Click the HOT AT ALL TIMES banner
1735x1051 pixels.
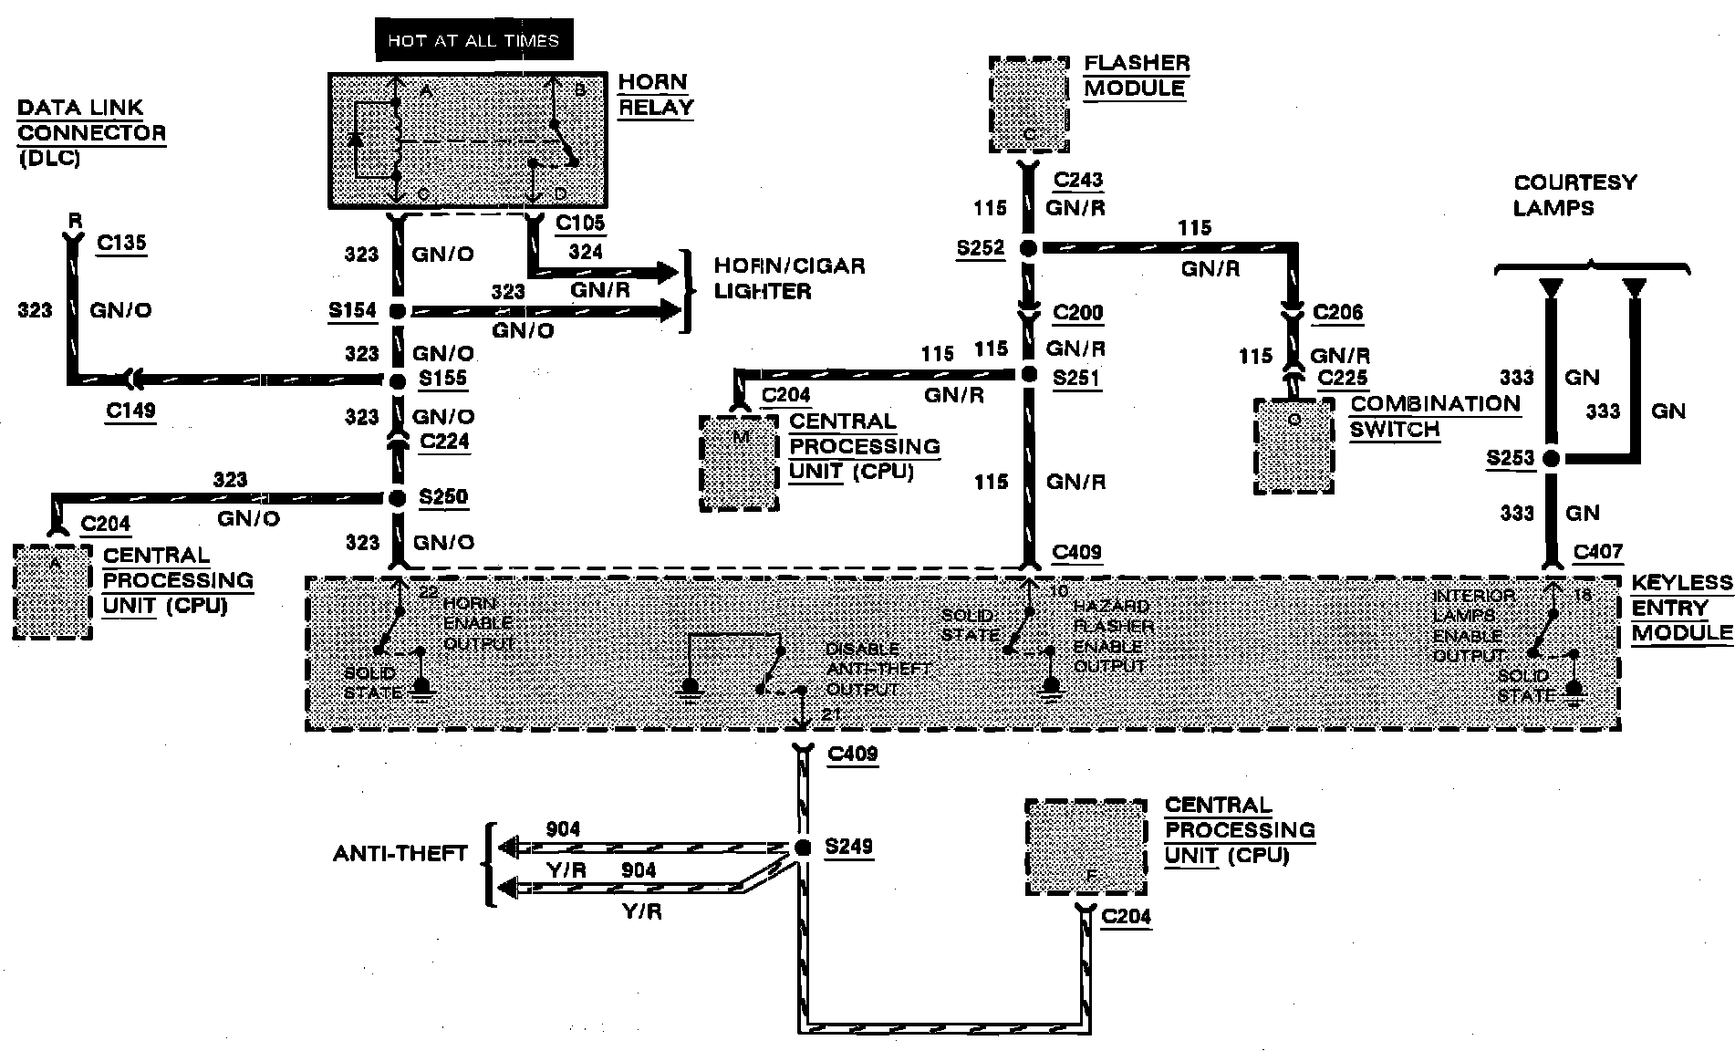(473, 40)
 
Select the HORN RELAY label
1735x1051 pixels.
(655, 94)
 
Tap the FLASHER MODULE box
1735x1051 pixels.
(1028, 105)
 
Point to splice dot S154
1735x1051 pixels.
(397, 311)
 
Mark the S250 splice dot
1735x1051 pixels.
(397, 498)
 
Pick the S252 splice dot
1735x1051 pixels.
(1028, 248)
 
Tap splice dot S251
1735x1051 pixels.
(1029, 374)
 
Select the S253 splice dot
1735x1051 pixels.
(1550, 459)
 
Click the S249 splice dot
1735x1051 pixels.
(803, 848)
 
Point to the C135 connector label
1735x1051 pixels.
(121, 244)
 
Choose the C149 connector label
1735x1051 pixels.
(130, 411)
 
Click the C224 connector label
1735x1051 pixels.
(444, 442)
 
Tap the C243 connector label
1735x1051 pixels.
(1077, 181)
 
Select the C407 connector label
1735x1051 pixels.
(1598, 552)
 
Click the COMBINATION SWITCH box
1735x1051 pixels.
(1293, 446)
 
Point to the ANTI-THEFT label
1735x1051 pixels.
(400, 854)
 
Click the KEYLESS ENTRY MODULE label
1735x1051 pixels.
(1681, 608)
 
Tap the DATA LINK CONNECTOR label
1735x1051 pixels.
(91, 132)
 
